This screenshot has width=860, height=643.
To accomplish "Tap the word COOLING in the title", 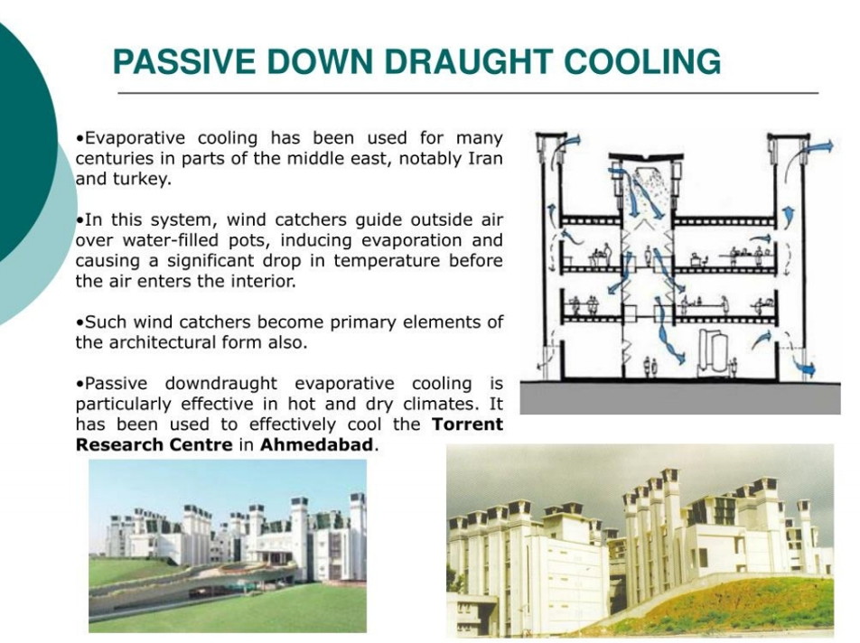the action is coord(642,61).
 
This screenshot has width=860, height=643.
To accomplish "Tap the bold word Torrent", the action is coord(467,424).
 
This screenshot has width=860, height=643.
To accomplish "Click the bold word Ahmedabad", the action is coord(316,444).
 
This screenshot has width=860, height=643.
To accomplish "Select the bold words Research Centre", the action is coord(154,444).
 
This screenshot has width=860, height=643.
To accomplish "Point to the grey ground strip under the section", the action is coord(680,398).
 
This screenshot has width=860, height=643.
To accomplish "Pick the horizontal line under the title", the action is coord(468,93).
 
